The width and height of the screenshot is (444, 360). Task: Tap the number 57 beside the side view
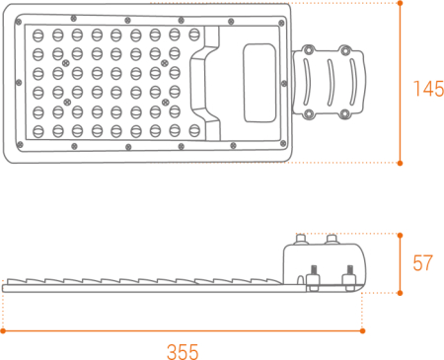tap(423, 263)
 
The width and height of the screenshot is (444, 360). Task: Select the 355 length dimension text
tap(183, 350)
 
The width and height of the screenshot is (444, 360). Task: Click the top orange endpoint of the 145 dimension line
tap(401, 3)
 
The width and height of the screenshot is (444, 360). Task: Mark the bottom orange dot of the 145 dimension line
tap(401, 162)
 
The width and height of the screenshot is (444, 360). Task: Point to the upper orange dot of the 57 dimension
tap(401, 234)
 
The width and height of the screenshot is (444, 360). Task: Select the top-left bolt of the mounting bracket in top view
tap(309, 46)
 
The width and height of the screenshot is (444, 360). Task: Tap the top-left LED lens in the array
tap(37, 35)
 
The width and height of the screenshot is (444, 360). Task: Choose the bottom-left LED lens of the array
tap(37, 128)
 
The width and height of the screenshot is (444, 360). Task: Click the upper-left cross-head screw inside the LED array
tap(66, 62)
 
